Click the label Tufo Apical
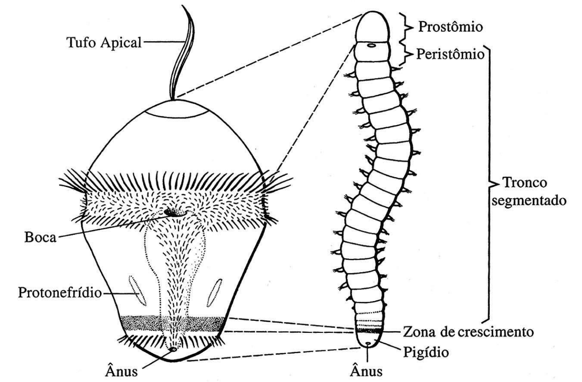104,42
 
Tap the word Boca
40,237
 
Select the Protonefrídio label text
60,292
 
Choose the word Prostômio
450,27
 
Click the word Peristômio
450,54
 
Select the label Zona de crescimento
468,331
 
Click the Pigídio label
426,352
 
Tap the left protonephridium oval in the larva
136,291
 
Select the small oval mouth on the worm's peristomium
371,46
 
